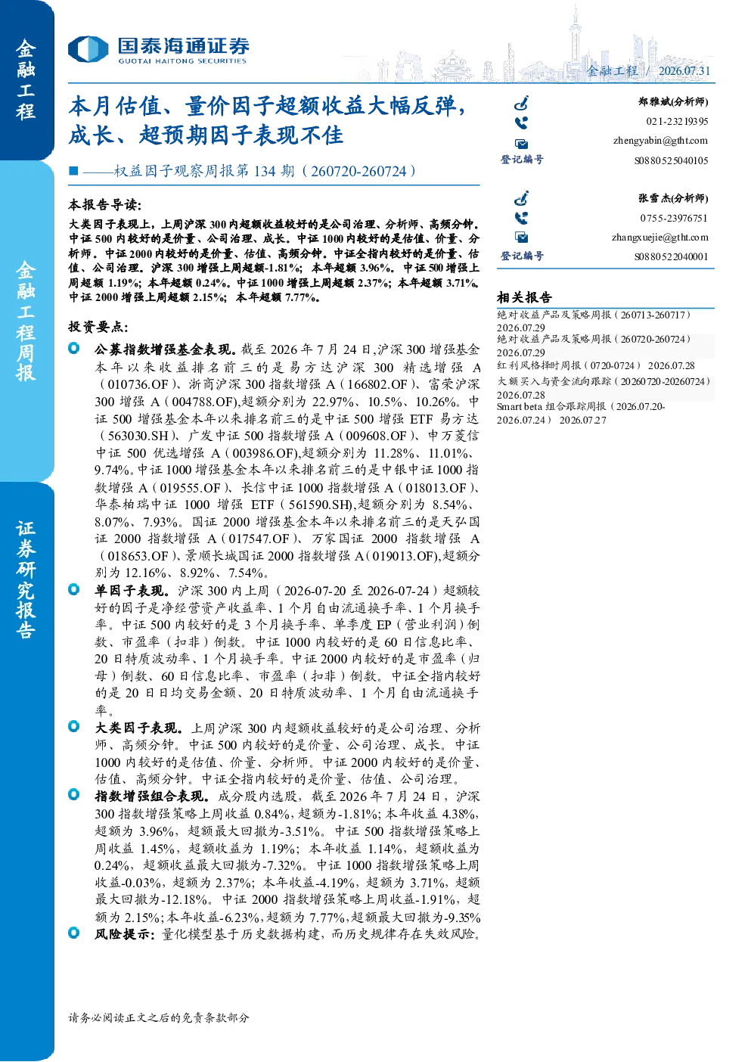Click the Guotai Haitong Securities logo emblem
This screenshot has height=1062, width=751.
tap(88, 49)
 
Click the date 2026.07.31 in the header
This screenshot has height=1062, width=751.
tap(684, 71)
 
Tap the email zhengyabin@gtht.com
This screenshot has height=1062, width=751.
tap(660, 141)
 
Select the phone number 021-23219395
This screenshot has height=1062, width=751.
tap(677, 121)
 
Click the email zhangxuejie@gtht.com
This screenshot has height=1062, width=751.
tap(659, 238)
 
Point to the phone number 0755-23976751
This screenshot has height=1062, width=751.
tap(674, 218)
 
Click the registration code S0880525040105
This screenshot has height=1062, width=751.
tap(671, 160)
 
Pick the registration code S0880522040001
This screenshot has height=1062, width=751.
tap(671, 257)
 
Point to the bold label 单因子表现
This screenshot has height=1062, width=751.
tap(130, 591)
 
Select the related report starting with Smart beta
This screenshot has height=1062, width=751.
tap(581, 413)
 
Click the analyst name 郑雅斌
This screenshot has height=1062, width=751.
tap(653, 101)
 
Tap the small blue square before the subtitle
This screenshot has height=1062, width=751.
tap(73, 171)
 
